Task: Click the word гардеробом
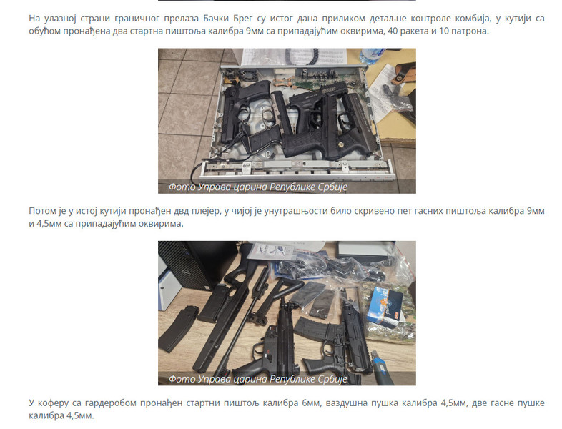109,403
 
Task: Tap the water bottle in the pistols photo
371,56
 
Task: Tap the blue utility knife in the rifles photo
380,367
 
